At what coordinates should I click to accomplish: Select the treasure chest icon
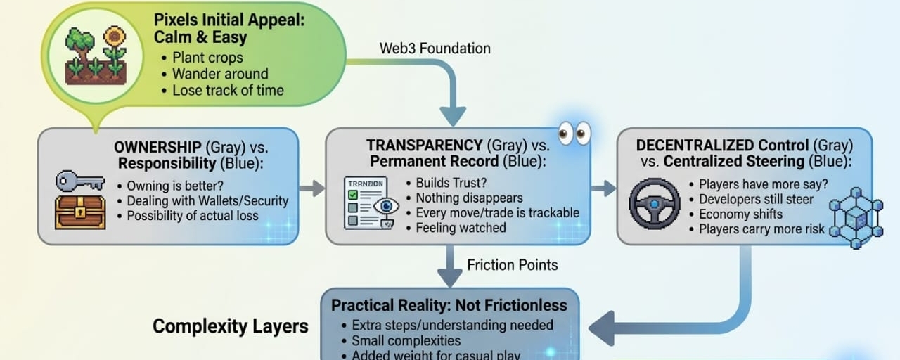[x=80, y=212]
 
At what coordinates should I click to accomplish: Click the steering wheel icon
[x=655, y=204]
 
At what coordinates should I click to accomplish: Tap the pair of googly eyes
[x=574, y=134]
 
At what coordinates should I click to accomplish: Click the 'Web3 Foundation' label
[x=435, y=49]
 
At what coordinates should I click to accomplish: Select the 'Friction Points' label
[x=513, y=265]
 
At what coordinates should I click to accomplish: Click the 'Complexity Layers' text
[x=231, y=326]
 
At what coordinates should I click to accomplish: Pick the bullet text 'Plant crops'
[x=207, y=58]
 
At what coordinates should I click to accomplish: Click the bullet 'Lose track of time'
[x=228, y=90]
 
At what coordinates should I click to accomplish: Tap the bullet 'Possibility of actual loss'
[x=193, y=216]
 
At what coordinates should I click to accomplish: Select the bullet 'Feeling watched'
[x=460, y=228]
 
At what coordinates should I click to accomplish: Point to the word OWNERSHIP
[x=157, y=148]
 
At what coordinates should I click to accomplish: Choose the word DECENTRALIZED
[x=693, y=146]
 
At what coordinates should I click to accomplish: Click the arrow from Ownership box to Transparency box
[x=312, y=188]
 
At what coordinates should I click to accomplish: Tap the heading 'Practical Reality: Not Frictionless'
[x=449, y=306]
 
